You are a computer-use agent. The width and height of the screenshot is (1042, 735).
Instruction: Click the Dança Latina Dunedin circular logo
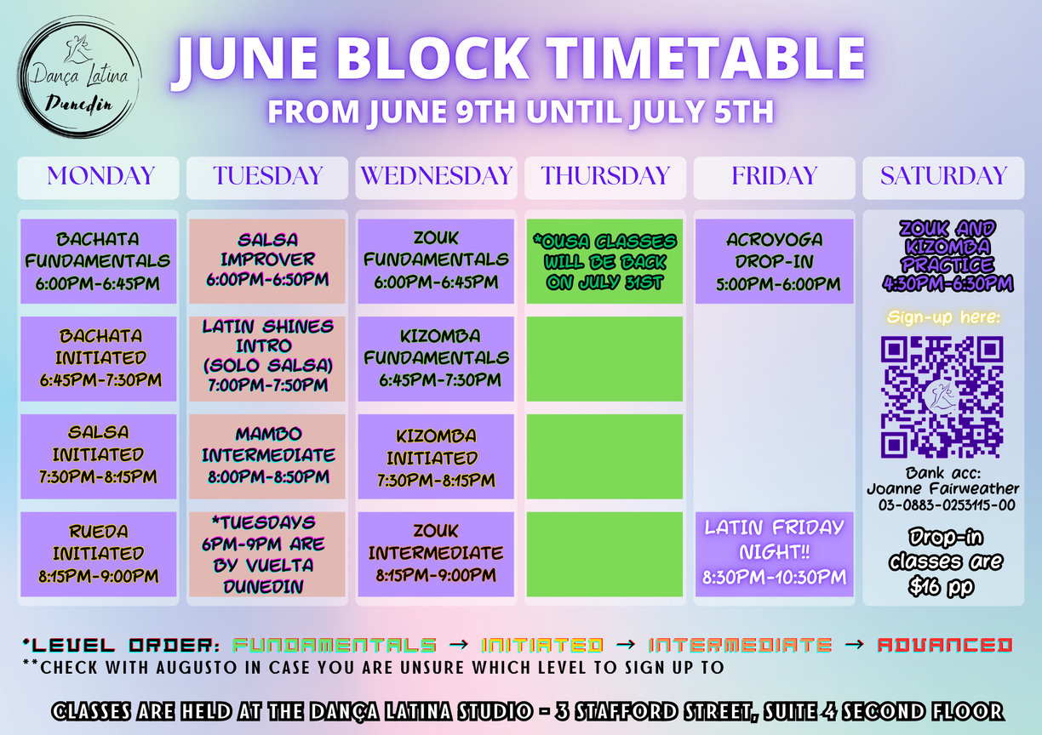(x=79, y=77)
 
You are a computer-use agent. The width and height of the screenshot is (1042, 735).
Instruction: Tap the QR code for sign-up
(x=942, y=396)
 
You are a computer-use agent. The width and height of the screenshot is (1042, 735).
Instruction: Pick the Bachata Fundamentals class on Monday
(x=98, y=261)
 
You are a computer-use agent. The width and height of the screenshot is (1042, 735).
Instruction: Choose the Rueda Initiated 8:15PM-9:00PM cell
(x=98, y=554)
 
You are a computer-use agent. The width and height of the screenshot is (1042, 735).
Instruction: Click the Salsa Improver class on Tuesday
(x=267, y=261)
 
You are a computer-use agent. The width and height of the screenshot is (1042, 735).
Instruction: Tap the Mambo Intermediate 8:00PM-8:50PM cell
(x=267, y=457)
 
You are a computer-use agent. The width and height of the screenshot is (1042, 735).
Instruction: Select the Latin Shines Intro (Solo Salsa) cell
(x=267, y=359)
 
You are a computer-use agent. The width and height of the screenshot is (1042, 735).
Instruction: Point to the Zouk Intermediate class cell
(x=436, y=554)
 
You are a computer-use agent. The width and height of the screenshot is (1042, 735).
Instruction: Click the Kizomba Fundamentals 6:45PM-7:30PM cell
(x=436, y=359)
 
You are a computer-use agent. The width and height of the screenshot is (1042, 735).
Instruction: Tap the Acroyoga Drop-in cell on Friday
(x=775, y=261)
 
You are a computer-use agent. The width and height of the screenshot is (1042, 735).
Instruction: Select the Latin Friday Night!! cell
(x=775, y=554)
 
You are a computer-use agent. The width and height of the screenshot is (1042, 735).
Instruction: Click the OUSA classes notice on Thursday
(x=604, y=261)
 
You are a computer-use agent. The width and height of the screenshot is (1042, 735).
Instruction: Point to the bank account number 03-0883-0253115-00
(x=947, y=504)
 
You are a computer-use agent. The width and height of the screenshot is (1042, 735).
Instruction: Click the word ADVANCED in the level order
(x=945, y=646)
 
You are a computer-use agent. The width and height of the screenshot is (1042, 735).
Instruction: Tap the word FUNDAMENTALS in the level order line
(x=335, y=646)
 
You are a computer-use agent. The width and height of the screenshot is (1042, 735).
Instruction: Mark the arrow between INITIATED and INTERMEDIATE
(x=626, y=644)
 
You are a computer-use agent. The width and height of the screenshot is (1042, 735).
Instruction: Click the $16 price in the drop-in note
(x=924, y=586)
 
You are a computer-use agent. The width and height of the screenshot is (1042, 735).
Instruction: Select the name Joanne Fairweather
(x=943, y=488)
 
